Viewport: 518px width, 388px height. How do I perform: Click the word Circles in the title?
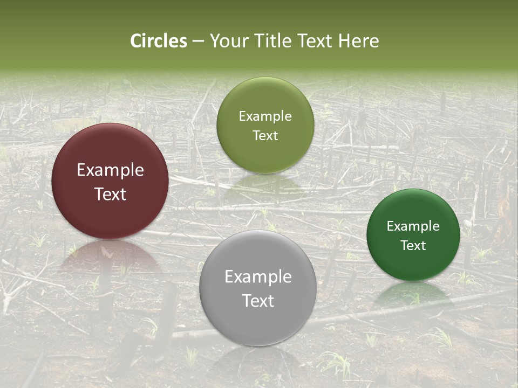click(x=159, y=41)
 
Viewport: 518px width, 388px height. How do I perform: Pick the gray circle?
click(x=257, y=318)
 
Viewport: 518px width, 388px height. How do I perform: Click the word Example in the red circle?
click(x=110, y=170)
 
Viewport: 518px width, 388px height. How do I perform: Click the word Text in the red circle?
click(x=110, y=194)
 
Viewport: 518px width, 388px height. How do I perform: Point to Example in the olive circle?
click(x=265, y=116)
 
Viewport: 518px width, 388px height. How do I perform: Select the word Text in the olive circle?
click(x=265, y=136)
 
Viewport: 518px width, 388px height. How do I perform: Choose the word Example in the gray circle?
click(x=258, y=277)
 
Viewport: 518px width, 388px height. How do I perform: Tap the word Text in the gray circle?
click(x=258, y=301)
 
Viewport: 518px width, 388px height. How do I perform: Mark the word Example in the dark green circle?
click(x=413, y=226)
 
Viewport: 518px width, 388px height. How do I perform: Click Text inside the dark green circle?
click(x=413, y=246)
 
